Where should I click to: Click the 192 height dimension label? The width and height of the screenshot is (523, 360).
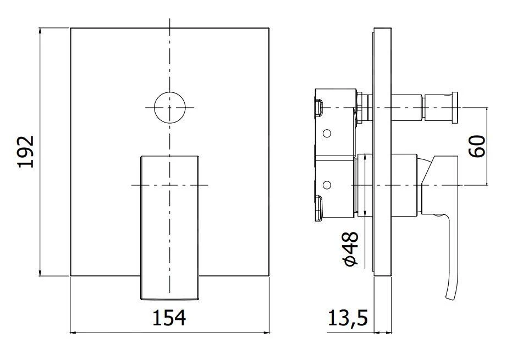pos(26,151)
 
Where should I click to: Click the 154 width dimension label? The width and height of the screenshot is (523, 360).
pos(169,318)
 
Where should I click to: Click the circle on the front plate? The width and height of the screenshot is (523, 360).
pos(170,107)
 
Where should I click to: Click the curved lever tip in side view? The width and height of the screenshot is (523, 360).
pos(453,289)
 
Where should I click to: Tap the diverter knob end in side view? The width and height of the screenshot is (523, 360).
pos(455,107)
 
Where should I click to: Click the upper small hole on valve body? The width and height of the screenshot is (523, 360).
pos(327,134)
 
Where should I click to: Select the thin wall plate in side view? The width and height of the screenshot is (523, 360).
pos(383,165)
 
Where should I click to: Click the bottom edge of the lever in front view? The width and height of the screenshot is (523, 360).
pos(170,300)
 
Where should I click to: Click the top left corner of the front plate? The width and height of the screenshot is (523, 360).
pos(71,27)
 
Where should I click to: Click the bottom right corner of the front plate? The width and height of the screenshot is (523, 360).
pos(269,276)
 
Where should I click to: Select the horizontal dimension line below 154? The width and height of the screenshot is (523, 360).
pos(169,332)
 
